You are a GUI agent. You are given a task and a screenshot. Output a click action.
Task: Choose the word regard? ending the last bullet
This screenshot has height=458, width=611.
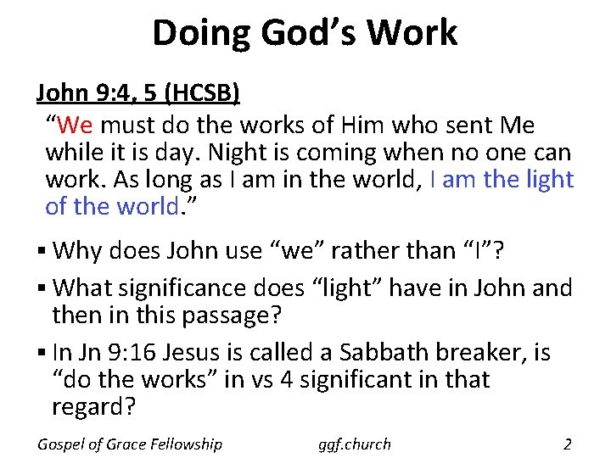coord(93,406)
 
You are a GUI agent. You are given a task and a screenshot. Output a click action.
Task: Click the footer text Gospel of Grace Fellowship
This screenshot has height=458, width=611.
coord(130,444)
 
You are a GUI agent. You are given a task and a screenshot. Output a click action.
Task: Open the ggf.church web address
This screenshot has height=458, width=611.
coord(355,444)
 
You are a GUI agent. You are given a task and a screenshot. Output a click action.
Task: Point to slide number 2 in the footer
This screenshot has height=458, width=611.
coord(567,443)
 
